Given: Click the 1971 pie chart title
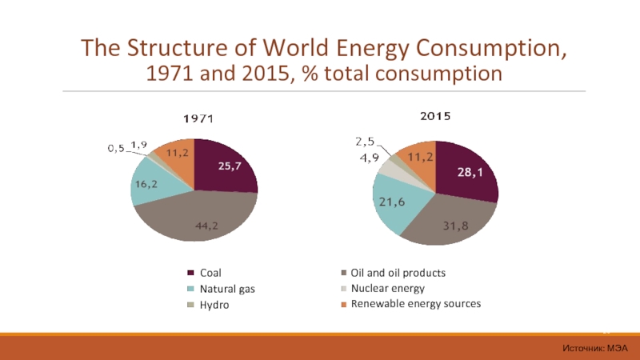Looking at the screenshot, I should (194, 118).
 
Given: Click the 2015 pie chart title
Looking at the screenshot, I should (435, 116).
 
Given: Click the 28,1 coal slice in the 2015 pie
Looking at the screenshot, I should (467, 172).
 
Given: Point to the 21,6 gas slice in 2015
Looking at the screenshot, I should (392, 203).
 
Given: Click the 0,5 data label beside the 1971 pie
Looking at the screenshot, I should (117, 148).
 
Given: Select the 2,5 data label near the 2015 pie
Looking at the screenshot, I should (365, 142).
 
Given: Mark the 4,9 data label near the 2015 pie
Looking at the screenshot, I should (369, 158).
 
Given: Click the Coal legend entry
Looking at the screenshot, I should (210, 273).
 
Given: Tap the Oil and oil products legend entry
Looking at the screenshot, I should (398, 273).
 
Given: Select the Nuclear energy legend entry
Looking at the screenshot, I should (387, 288).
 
